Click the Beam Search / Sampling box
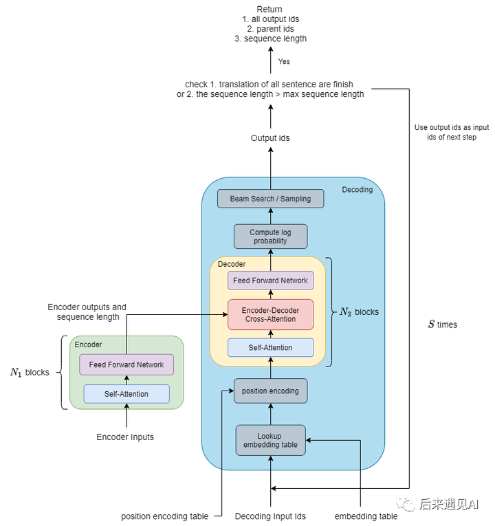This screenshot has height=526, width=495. tap(270, 199)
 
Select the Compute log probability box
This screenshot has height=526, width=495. tap(270, 237)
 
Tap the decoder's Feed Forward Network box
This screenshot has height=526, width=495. tap(270, 281)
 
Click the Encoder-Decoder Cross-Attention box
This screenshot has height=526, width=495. tap(270, 314)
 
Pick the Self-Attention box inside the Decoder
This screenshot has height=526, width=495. tap(270, 348)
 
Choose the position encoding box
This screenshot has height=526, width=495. tap(270, 391)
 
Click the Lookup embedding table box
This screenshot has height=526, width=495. tap(270, 440)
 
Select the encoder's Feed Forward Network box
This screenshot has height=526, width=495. tap(126, 364)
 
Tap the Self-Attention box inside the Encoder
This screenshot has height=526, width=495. tap(126, 394)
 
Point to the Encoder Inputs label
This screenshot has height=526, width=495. tap(125, 437)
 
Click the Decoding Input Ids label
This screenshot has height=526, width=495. tap(270, 516)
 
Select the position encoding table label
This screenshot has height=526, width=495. tap(164, 516)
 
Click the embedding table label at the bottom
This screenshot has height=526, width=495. tap(366, 516)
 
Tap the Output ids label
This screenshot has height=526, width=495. tap(270, 138)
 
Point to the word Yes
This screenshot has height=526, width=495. tap(284, 61)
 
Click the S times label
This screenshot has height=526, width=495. tap(442, 325)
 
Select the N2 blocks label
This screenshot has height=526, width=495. tap(359, 311)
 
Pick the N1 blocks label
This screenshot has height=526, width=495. tap(30, 372)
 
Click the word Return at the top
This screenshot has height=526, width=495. tap(269, 9)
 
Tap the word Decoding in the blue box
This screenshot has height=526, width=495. tap(357, 190)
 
